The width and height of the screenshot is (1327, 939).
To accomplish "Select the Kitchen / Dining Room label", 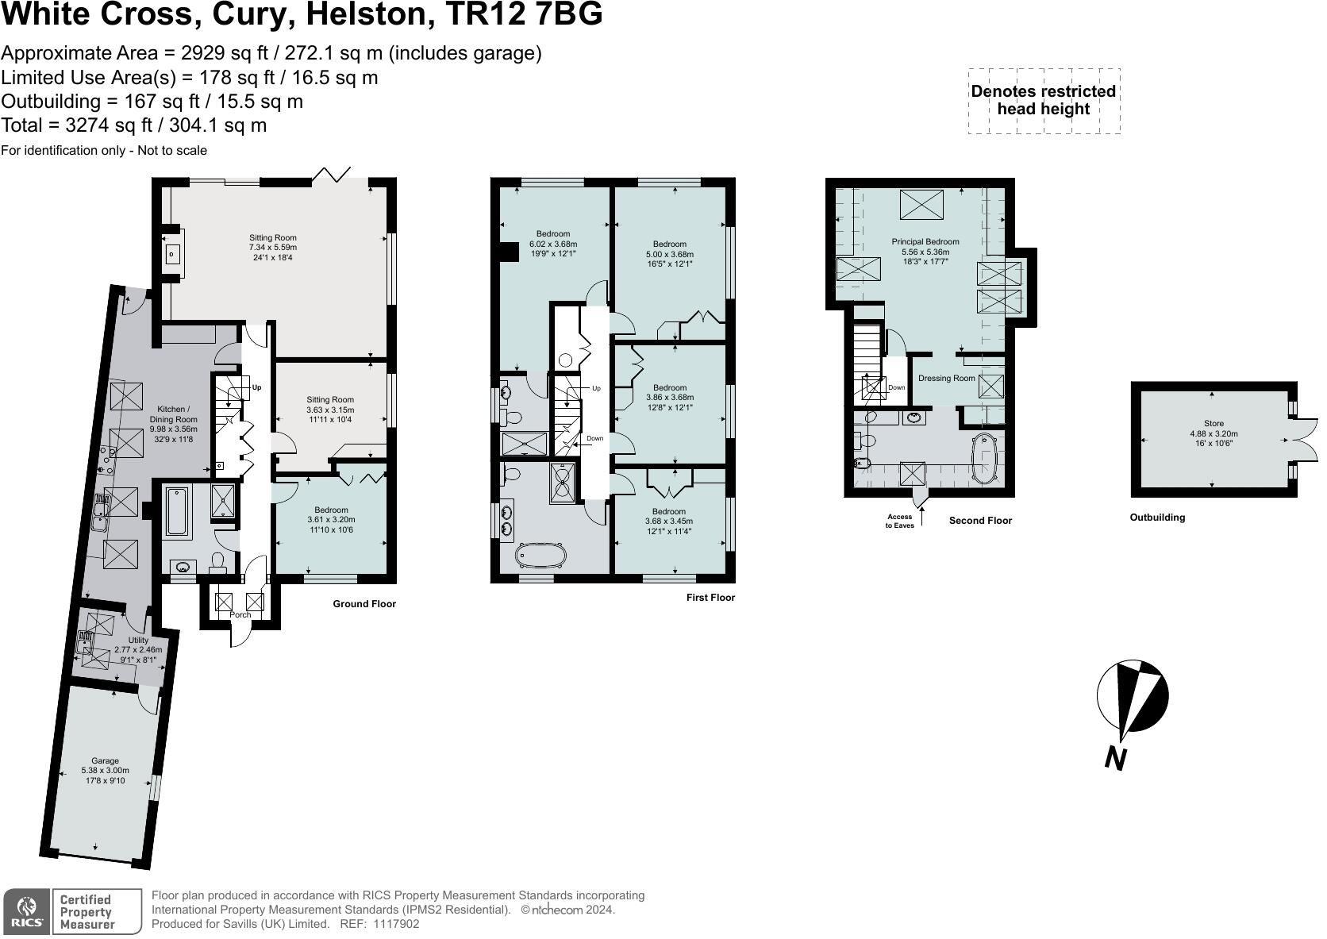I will point(172,419).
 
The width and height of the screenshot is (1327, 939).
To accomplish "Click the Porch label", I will point(240,614).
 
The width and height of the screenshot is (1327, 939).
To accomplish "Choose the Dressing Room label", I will point(946,378).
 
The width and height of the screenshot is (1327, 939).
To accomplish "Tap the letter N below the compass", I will point(1116,759).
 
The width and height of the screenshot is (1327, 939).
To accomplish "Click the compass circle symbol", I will point(1133,696).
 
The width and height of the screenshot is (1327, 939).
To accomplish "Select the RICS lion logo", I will point(27,911).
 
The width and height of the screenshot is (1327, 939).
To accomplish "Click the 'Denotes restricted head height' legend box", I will point(1044,100).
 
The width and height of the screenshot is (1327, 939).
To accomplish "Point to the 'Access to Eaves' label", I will point(899,521).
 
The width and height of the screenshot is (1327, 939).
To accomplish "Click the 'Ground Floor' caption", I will point(363,604).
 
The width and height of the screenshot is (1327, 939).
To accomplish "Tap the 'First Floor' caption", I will point(710,598).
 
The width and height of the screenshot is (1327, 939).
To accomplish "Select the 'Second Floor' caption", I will point(980,521).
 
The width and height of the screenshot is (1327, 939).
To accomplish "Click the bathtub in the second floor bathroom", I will point(985,459).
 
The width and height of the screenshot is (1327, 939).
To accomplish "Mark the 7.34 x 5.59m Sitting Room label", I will point(272,248).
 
